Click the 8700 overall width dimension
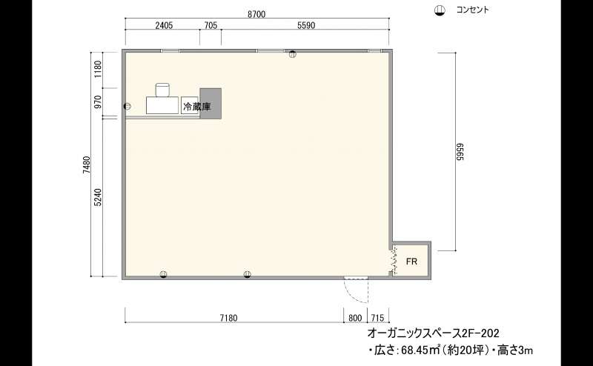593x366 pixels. tap(256, 14)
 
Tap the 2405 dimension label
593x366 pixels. tap(164, 25)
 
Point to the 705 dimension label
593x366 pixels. tap(211, 25)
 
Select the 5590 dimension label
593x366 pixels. tap(306, 25)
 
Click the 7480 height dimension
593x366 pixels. tap(87, 164)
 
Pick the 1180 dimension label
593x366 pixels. tap(99, 69)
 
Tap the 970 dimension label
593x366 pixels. tap(99, 102)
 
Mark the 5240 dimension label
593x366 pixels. tap(99, 197)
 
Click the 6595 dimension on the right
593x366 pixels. tap(460, 152)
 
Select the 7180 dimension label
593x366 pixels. tap(228, 318)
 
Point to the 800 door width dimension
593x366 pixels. tap(355, 318)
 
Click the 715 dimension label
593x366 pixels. tap(377, 318)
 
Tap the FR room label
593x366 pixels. tap(411, 262)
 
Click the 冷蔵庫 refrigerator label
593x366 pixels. tap(196, 107)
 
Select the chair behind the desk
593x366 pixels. tap(162, 90)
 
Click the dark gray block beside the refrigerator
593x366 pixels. tap(211, 103)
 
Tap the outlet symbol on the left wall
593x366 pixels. tap(127, 106)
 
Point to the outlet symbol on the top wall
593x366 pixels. tap(293, 54)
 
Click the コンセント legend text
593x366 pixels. tap(472, 10)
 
